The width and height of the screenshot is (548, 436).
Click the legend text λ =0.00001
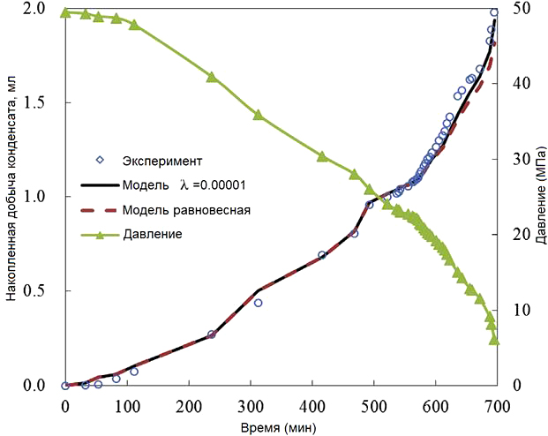(213, 185)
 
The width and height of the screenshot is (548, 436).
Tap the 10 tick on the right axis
(514, 310)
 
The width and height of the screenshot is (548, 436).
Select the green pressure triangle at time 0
(65, 12)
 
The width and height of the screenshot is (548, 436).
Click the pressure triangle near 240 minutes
(212, 77)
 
